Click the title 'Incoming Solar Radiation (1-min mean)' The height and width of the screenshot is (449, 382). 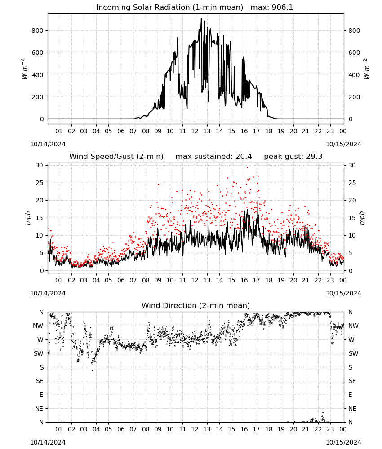[x=169, y=8]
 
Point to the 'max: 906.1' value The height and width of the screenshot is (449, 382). [x=272, y=8]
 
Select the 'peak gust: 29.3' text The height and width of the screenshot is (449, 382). [x=293, y=157]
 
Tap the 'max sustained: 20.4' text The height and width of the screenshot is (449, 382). [x=213, y=157]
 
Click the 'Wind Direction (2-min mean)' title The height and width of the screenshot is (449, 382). [x=196, y=305]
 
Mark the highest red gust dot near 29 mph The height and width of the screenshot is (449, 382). [x=247, y=168]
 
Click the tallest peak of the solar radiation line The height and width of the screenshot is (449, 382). [x=201, y=19]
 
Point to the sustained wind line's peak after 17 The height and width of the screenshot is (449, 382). [x=258, y=199]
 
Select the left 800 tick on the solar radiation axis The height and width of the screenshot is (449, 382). [x=38, y=31]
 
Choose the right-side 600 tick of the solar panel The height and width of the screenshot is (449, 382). [x=354, y=53]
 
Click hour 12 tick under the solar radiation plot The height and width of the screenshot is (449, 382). [x=195, y=131]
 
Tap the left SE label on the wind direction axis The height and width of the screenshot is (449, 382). [x=40, y=381]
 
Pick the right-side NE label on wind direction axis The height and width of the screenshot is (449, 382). [x=352, y=409]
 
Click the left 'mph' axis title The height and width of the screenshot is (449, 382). [x=28, y=218]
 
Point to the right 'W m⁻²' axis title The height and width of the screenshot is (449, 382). [x=367, y=69]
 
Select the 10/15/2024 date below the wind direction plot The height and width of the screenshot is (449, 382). [x=343, y=442]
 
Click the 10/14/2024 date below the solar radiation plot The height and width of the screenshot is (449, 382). [x=48, y=144]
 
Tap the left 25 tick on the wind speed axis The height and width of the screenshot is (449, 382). [x=40, y=183]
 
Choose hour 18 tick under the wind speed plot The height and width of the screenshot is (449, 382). [x=268, y=280]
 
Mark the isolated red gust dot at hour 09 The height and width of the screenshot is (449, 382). [x=159, y=184]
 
